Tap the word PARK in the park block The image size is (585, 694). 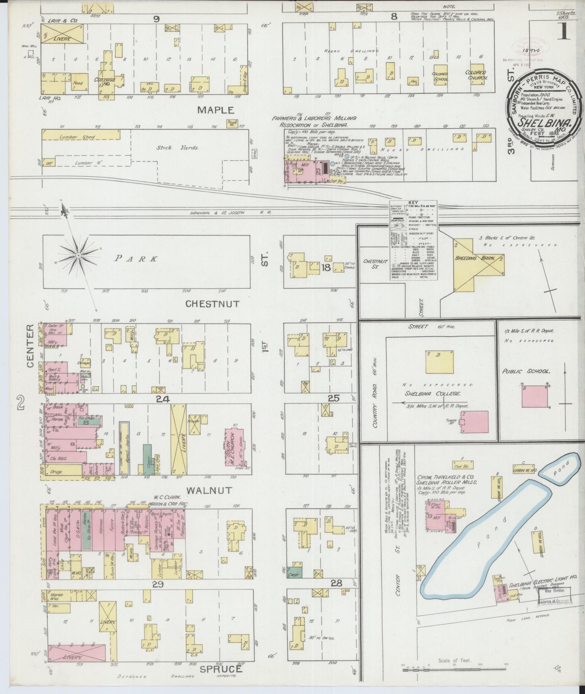(136, 259)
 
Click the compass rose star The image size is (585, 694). (78, 256)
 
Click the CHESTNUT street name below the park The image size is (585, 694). (212, 304)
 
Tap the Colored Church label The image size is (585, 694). (475, 75)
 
